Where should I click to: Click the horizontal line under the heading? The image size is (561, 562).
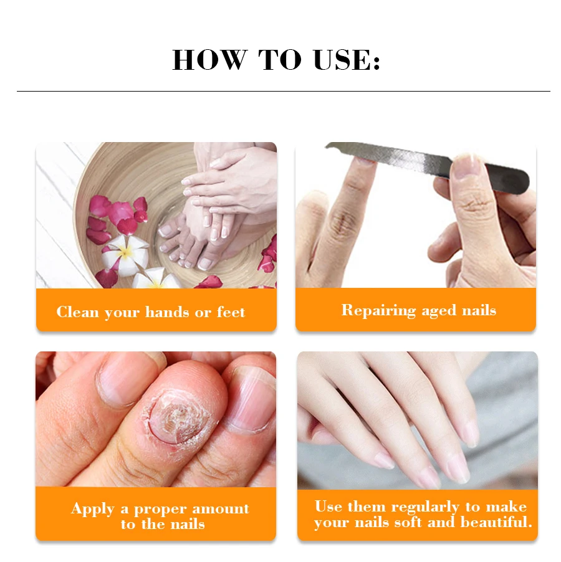pos(283,92)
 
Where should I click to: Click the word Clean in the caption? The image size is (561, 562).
pos(77,312)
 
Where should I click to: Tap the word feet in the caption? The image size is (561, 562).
pos(231,312)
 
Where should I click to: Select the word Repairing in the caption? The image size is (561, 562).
pos(378,310)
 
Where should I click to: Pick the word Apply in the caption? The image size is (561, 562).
pos(93,509)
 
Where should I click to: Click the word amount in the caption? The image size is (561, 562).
pos(221,508)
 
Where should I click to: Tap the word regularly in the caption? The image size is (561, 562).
pos(425,507)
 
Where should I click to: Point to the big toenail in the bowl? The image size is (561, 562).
pos(205,263)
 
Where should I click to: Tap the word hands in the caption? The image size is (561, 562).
pos(167,312)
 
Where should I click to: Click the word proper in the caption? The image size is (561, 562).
pos(160,510)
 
